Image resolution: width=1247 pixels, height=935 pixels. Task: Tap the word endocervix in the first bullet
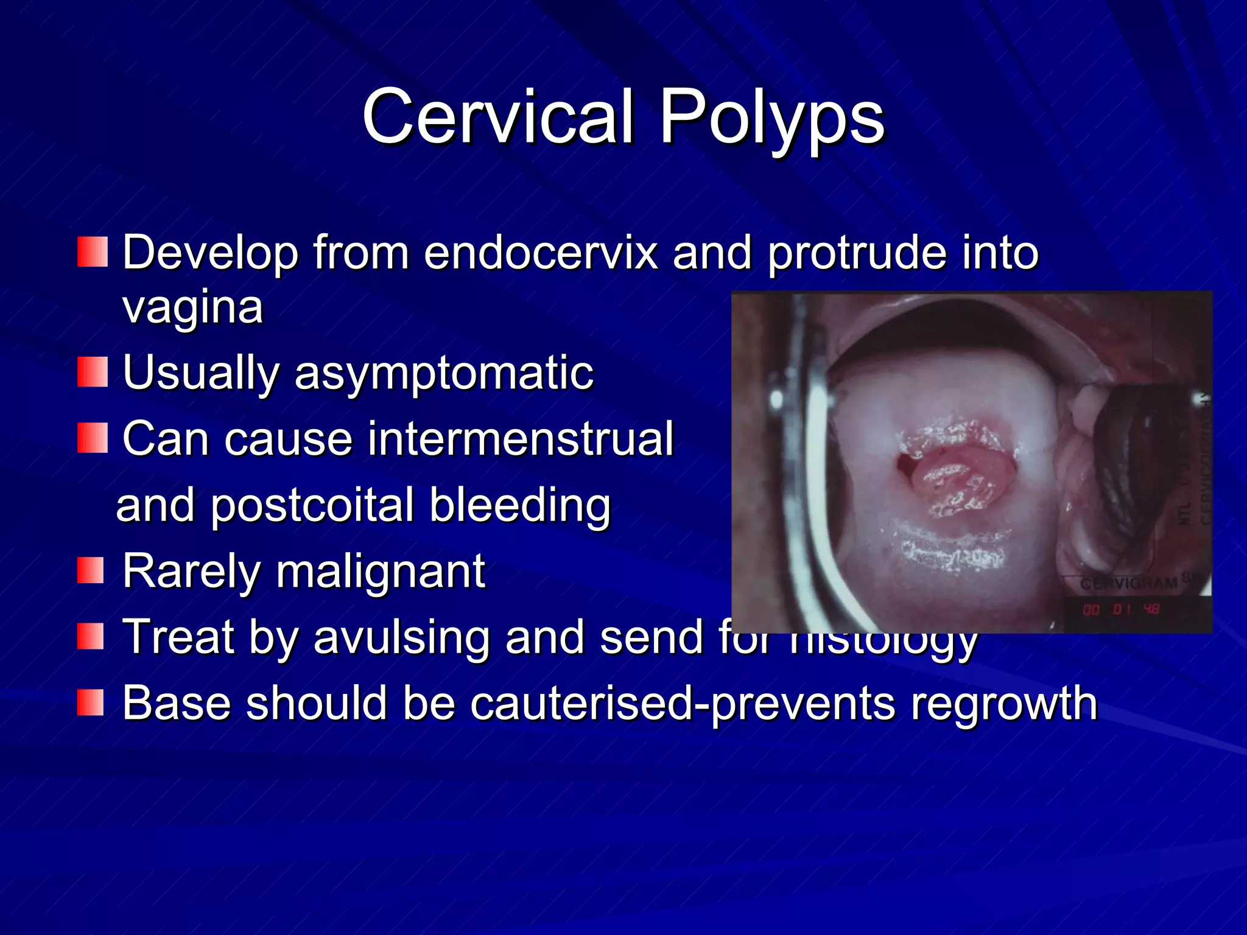pyautogui.click(x=541, y=253)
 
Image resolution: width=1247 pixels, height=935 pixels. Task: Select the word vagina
pyautogui.click(x=192, y=307)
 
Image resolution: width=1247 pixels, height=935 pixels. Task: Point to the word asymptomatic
pyautogui.click(x=443, y=373)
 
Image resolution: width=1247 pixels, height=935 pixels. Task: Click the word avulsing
pyautogui.click(x=401, y=637)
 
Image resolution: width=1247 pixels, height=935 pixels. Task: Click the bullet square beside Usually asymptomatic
pyautogui.click(x=93, y=372)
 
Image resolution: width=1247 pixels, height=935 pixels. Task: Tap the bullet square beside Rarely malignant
pyautogui.click(x=91, y=570)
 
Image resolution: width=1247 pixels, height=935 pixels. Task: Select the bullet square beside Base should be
pyautogui.click(x=91, y=702)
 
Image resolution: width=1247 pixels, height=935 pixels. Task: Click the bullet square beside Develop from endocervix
pyautogui.click(x=93, y=251)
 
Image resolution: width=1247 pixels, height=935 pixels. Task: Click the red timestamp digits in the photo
pyautogui.click(x=1121, y=609)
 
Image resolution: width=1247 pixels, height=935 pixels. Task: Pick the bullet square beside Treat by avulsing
pyautogui.click(x=91, y=636)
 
